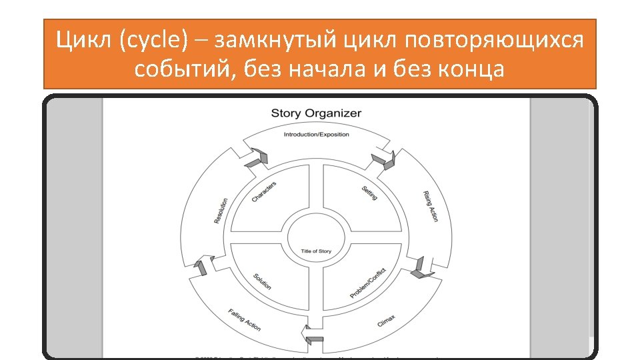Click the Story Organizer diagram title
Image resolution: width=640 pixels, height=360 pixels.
(316, 113)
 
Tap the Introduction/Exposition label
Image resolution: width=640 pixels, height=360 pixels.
(316, 135)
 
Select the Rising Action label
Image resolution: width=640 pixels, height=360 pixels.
(431, 206)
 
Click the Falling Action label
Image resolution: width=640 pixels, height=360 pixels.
(245, 319)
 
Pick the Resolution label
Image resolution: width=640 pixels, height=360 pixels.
(221, 211)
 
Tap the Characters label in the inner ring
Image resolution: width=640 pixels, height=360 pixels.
(264, 192)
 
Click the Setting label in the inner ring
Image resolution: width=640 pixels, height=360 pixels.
(370, 192)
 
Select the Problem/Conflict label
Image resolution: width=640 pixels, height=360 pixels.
(368, 283)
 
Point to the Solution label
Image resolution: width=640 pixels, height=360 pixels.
(262, 281)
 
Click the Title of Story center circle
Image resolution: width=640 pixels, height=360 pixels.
(316, 251)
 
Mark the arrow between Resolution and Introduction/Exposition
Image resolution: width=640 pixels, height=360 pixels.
(257, 158)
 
